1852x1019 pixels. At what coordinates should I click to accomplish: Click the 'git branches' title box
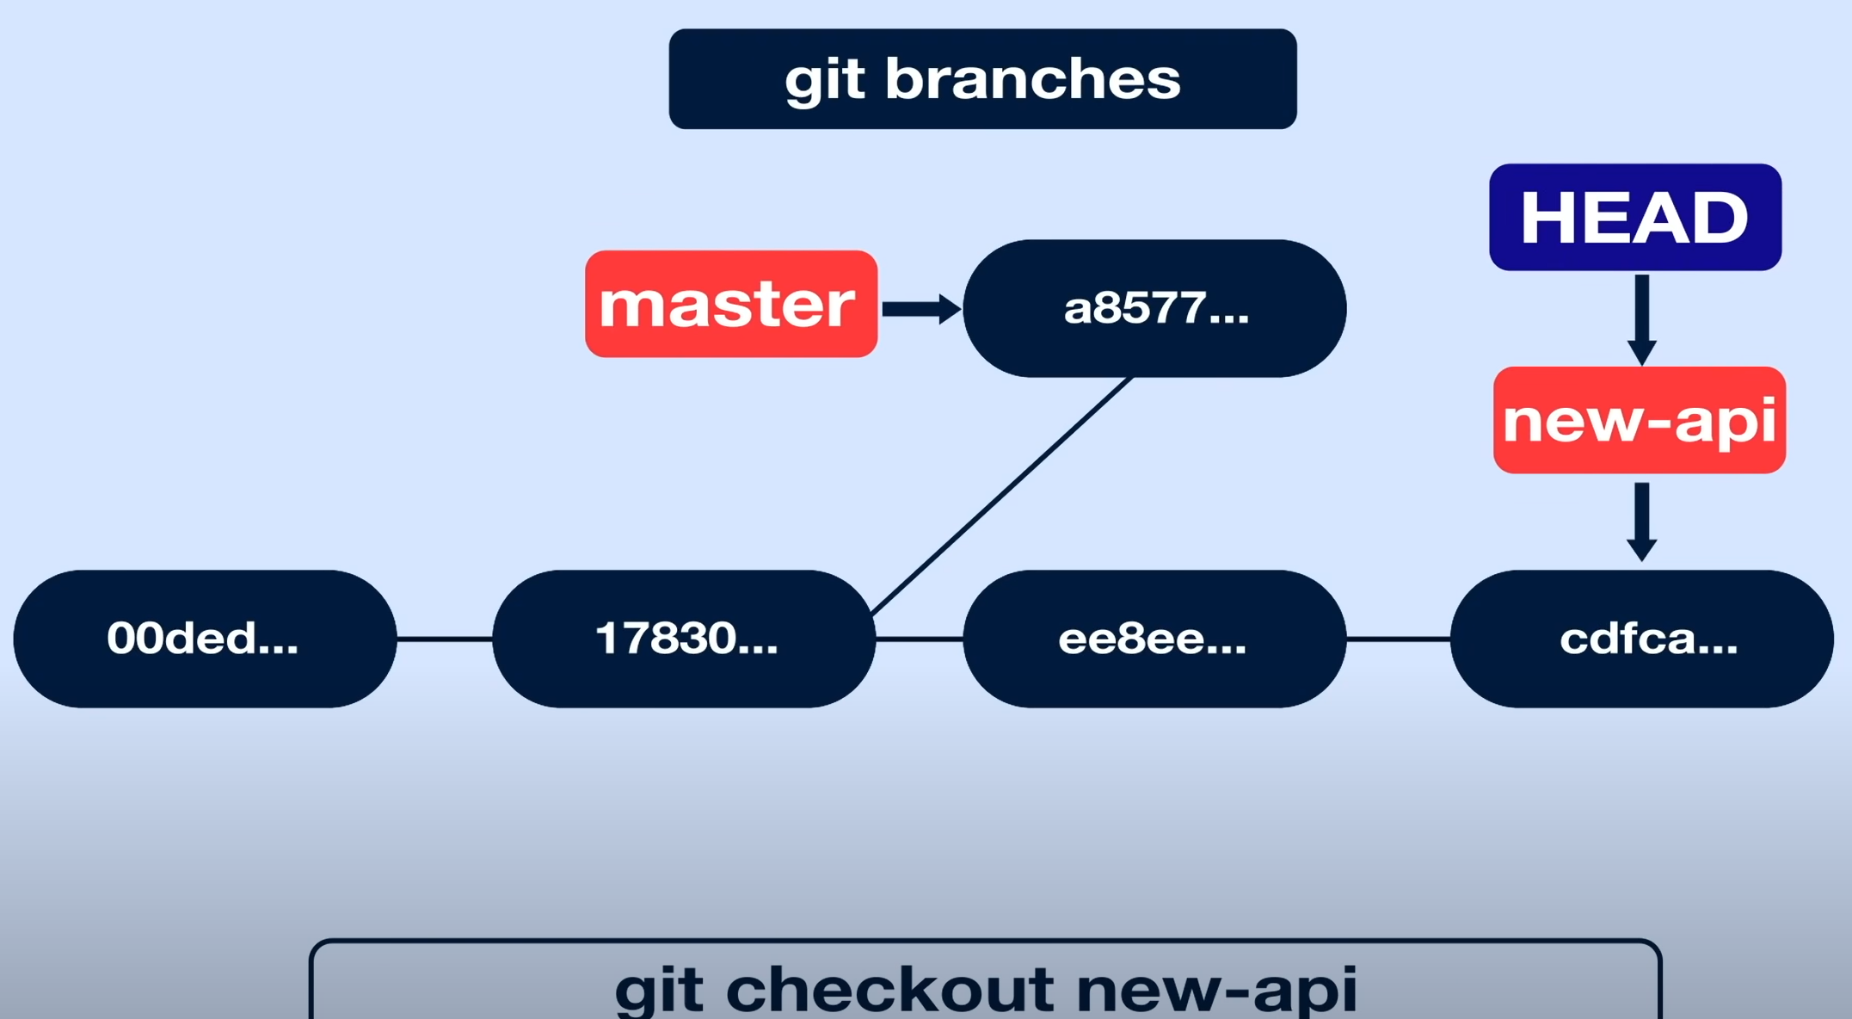[x=982, y=79]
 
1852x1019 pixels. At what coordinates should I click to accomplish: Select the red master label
[x=731, y=304]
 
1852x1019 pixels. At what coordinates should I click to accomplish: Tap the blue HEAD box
[x=1635, y=217]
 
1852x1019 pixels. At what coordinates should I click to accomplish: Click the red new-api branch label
[x=1640, y=420]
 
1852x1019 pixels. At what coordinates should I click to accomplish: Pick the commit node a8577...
[x=1154, y=308]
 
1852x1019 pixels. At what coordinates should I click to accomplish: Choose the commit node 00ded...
[x=205, y=639]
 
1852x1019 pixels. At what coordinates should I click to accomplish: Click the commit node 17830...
[x=685, y=639]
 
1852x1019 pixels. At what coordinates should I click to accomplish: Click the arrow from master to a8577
[x=920, y=309]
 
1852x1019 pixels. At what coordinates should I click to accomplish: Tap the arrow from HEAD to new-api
[x=1641, y=318]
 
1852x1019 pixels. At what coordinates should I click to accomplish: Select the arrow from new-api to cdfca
[x=1641, y=521]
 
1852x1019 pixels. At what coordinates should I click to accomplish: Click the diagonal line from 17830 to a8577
[x=1002, y=495]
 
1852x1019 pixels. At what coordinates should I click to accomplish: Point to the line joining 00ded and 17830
[x=445, y=639]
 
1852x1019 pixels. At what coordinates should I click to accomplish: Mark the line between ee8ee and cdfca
[x=1399, y=639]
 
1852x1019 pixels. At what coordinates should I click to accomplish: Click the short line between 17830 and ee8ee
[x=920, y=639]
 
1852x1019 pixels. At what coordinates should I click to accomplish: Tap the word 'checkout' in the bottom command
[x=890, y=990]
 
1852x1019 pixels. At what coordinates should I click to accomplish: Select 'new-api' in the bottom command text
[x=1216, y=990]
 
